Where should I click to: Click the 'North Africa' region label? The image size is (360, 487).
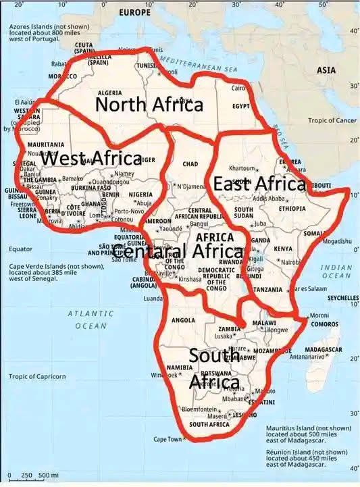(x=149, y=105)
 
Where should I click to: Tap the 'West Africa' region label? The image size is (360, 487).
(x=91, y=159)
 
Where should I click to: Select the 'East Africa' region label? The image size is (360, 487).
(x=260, y=183)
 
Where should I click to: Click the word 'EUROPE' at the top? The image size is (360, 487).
(x=134, y=13)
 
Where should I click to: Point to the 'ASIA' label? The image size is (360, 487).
(x=326, y=70)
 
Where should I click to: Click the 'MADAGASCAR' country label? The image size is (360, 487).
(x=323, y=349)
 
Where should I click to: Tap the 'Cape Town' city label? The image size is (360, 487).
(x=168, y=439)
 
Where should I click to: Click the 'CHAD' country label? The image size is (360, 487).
(x=190, y=164)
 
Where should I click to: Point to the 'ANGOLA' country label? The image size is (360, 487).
(x=184, y=319)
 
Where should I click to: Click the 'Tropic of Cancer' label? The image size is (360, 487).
(x=332, y=120)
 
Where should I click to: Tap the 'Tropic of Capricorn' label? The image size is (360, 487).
(x=37, y=376)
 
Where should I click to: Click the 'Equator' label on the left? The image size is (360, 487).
(x=20, y=249)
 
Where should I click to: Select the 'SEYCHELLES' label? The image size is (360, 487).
(x=343, y=297)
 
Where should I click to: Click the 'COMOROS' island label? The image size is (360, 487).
(x=324, y=324)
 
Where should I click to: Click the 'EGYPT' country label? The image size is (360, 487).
(x=241, y=106)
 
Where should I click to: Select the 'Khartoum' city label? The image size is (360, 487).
(x=242, y=168)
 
